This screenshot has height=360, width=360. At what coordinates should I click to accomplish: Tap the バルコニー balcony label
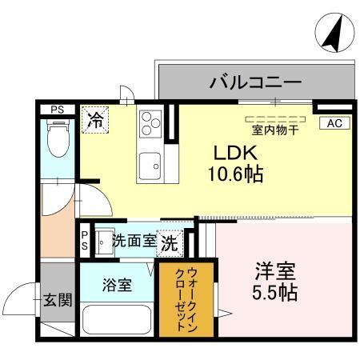point(255,82)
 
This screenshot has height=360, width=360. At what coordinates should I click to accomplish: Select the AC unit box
point(334,123)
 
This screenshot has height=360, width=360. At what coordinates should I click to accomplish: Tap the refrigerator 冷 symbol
point(94,121)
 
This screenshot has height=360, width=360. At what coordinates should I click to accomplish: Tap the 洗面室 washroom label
point(133,240)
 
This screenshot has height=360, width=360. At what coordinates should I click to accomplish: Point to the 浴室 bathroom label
point(116,284)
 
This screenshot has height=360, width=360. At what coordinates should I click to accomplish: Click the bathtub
point(116,319)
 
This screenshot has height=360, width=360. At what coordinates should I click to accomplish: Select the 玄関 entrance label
point(58,301)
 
